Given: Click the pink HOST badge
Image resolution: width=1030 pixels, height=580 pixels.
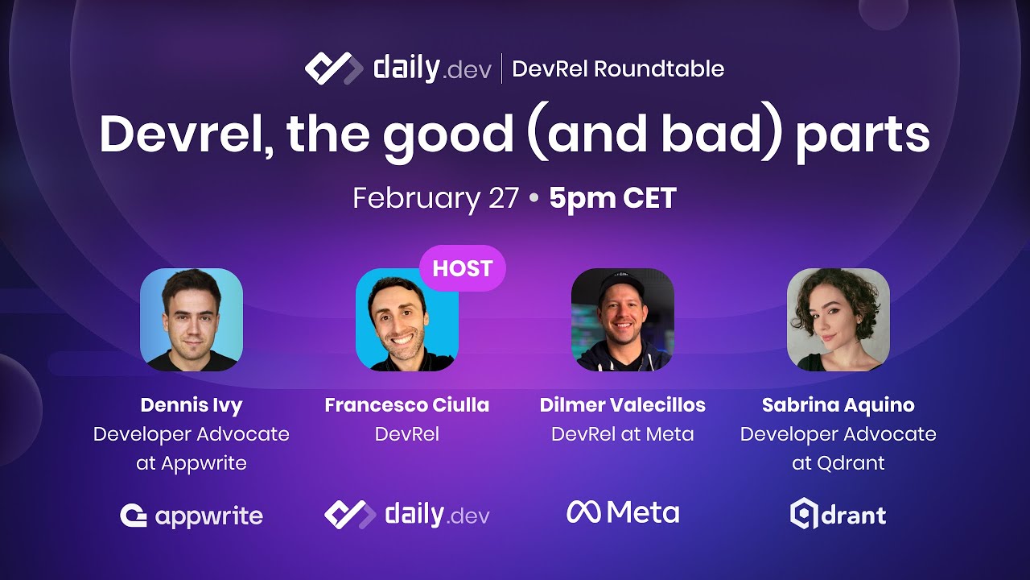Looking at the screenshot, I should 462,268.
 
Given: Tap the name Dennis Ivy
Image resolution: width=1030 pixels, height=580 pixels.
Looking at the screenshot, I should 192,404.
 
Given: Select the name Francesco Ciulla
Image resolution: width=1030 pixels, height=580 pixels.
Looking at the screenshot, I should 406,404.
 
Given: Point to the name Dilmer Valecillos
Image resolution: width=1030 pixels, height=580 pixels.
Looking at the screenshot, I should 622,404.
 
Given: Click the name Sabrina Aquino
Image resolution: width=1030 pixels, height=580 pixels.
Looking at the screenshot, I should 838,404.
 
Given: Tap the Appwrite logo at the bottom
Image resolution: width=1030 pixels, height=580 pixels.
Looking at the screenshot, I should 192,516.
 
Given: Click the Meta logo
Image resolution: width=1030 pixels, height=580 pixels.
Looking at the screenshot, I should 622,512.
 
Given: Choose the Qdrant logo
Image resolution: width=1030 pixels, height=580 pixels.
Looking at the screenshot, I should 838,515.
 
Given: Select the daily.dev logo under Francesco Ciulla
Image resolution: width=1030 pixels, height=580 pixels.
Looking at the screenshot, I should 406,515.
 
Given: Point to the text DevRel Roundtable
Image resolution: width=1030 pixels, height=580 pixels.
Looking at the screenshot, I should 617,68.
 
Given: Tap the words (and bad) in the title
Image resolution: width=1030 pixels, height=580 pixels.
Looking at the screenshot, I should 653,135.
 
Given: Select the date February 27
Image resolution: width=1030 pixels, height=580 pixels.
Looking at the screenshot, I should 435,198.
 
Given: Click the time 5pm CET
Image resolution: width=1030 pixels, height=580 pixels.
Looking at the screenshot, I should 612,198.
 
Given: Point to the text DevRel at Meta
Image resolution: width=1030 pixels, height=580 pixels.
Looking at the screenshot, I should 622,434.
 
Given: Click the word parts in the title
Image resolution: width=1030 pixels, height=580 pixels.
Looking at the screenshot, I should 863,135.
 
